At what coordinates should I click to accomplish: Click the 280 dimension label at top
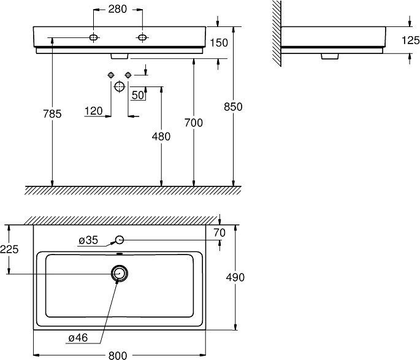(x=118, y=9)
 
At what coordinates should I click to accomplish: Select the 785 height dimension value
(x=53, y=113)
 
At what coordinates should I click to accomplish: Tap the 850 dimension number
(x=234, y=107)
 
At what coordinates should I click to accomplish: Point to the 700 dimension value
(x=194, y=123)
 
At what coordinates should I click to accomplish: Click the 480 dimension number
(x=161, y=137)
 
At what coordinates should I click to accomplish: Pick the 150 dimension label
(x=219, y=42)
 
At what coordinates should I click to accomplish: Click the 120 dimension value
(x=93, y=111)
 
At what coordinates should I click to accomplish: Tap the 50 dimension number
(x=137, y=95)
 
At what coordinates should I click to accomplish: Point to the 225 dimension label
(x=9, y=250)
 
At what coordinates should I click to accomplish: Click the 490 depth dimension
(x=235, y=277)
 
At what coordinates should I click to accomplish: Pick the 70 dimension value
(x=220, y=232)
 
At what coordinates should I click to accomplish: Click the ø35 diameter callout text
(x=88, y=240)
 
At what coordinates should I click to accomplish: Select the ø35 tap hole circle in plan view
(x=120, y=240)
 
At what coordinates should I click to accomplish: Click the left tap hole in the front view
(x=93, y=39)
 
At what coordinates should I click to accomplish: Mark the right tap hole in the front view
(x=142, y=39)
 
